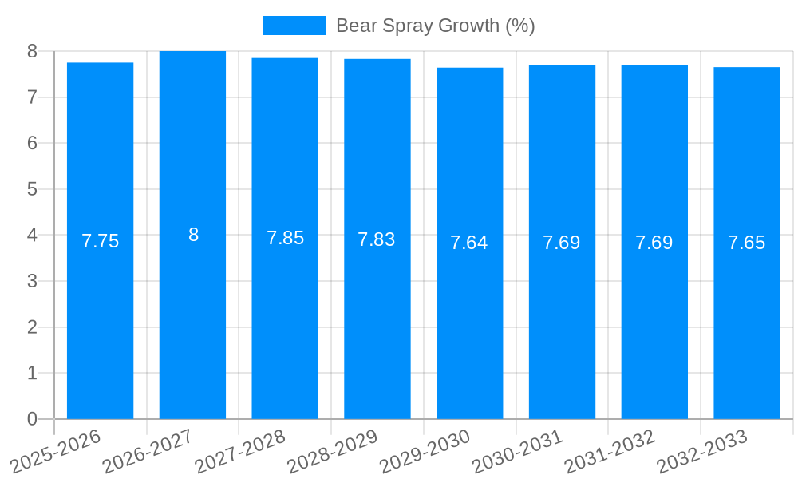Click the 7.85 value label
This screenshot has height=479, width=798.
[x=285, y=238]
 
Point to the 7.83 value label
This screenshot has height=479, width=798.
[x=377, y=239]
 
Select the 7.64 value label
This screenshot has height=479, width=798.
[x=469, y=243]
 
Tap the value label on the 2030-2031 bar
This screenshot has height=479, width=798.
[x=562, y=243]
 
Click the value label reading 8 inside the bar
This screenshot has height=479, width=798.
[x=193, y=235]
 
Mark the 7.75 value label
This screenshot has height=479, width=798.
[x=101, y=241]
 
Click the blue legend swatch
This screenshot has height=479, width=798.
[x=294, y=26]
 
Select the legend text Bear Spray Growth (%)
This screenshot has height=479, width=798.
[x=435, y=26]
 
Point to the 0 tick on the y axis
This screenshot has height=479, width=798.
[x=32, y=419]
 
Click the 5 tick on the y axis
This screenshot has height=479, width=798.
[x=32, y=189]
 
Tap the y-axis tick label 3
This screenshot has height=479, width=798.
[x=32, y=281]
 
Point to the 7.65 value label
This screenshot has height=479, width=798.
[x=746, y=243]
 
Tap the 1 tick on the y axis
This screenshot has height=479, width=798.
[x=32, y=373]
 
